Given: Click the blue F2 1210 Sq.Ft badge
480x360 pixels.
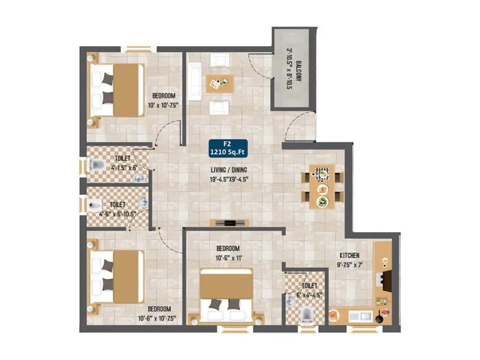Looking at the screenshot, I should tap(227, 148).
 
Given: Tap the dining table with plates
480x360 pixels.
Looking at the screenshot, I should tap(323, 185).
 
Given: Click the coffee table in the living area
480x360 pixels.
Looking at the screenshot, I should tap(220, 83).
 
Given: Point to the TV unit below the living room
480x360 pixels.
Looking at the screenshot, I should tap(229, 223).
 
